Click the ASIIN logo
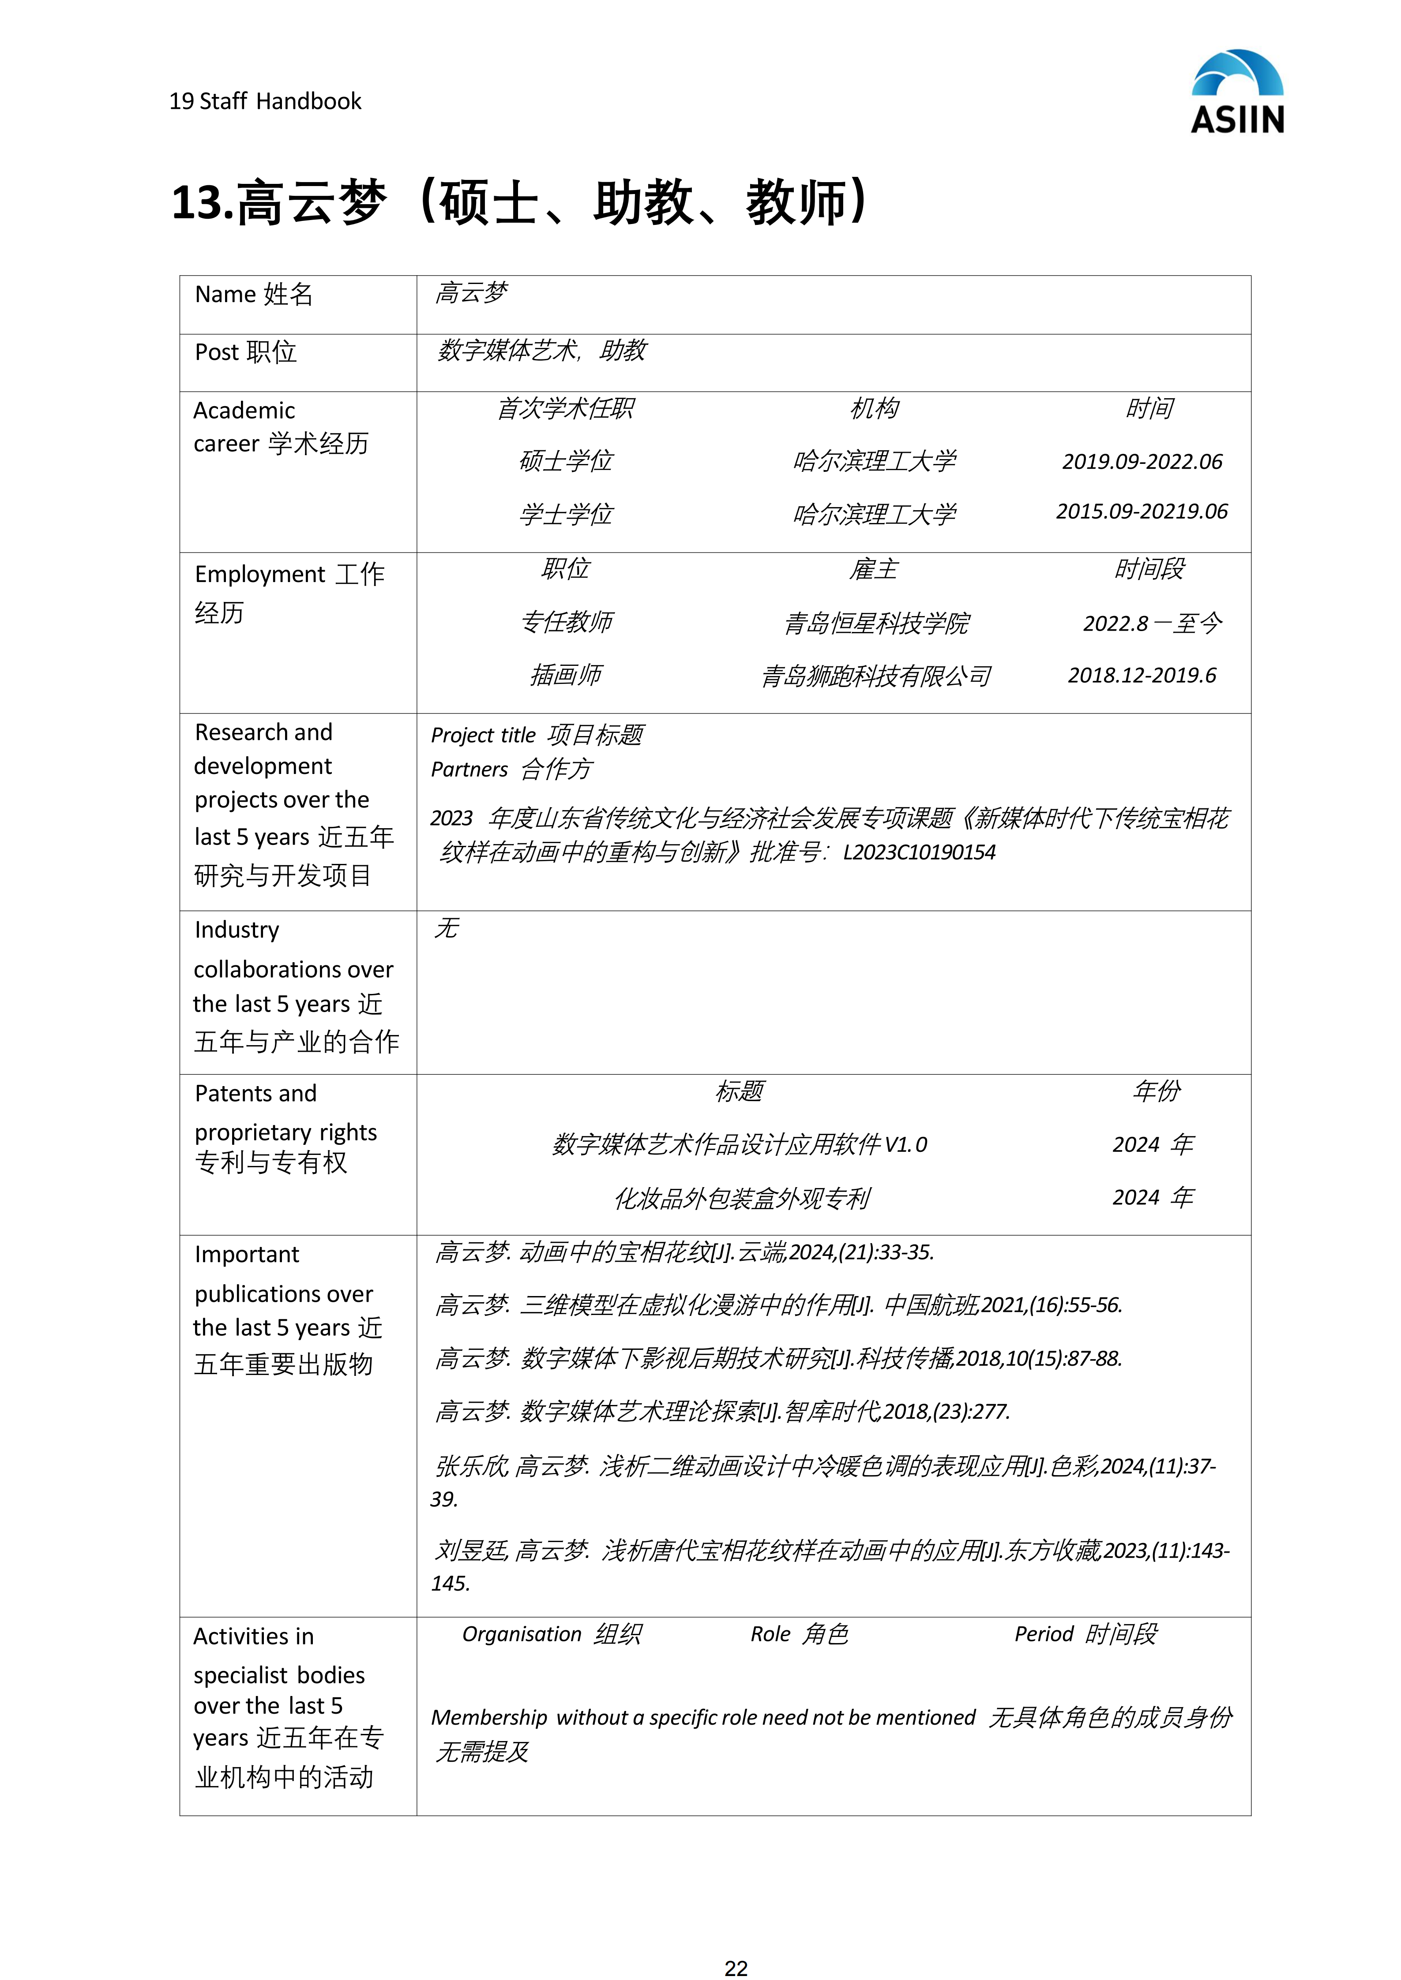click(1237, 92)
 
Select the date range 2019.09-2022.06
click(1142, 461)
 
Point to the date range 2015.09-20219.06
click(1142, 512)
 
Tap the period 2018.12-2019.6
click(1142, 675)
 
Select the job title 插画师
click(566, 675)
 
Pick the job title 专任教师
click(566, 622)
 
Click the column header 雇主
click(874, 569)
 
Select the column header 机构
click(874, 408)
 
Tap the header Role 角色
click(799, 1634)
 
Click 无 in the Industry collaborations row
click(447, 928)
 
